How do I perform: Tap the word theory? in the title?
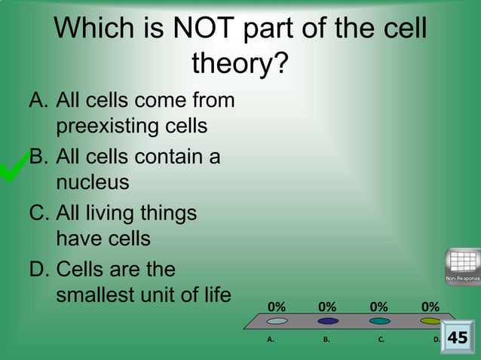[x=240, y=64]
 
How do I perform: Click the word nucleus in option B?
[x=92, y=182]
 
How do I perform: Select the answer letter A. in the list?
[x=40, y=100]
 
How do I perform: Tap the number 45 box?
[x=458, y=338]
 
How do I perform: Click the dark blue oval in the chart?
[x=328, y=321]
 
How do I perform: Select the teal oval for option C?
[x=379, y=321]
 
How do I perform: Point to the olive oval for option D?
[x=430, y=321]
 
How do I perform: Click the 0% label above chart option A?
[x=277, y=307]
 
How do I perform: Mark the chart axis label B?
[x=326, y=340]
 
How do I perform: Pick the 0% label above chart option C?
[x=379, y=307]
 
